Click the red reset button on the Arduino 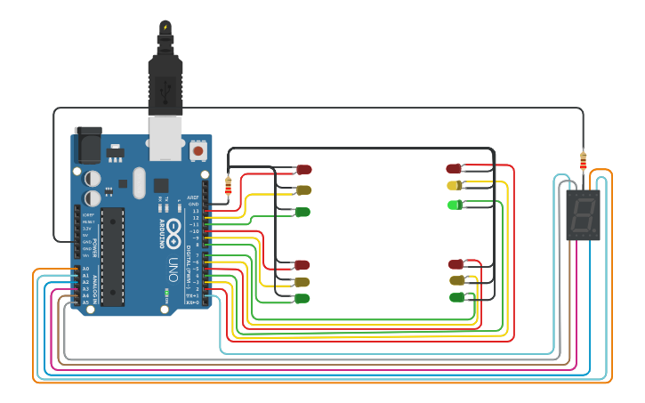tap(198, 151)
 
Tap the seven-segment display tap(583, 214)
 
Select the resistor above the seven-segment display tap(583, 161)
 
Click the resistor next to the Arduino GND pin tap(229, 185)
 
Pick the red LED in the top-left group tap(303, 169)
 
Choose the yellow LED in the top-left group tap(303, 189)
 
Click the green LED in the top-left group tap(302, 212)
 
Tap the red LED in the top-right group tap(454, 168)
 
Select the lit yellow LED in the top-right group tap(454, 185)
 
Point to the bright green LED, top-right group tap(454, 205)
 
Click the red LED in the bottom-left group tap(302, 264)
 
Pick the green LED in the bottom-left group tap(302, 298)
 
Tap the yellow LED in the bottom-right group tap(457, 280)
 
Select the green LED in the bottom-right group tap(457, 296)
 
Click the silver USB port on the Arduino tap(165, 138)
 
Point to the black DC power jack tap(88, 144)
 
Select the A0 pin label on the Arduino tap(85, 269)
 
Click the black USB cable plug tap(165, 85)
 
